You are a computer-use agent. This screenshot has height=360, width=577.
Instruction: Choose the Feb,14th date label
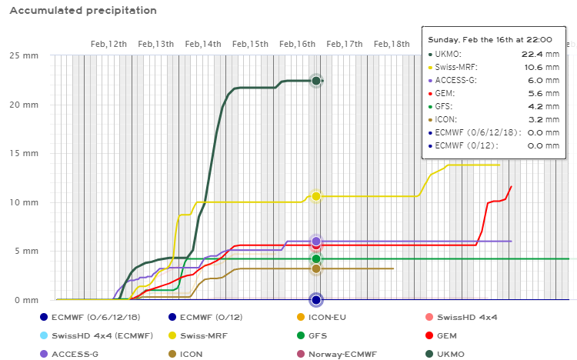pyautogui.click(x=202, y=44)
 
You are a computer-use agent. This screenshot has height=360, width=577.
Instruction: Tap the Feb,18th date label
pyautogui.click(x=392, y=44)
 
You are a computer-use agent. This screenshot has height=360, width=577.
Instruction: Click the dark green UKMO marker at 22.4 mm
pyautogui.click(x=315, y=81)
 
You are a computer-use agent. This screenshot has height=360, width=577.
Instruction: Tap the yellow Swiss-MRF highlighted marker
pyautogui.click(x=315, y=196)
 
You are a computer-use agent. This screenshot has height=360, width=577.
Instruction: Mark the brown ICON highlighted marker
pyautogui.click(x=315, y=268)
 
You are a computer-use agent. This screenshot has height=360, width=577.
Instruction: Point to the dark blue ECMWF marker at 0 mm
pyautogui.click(x=315, y=299)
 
